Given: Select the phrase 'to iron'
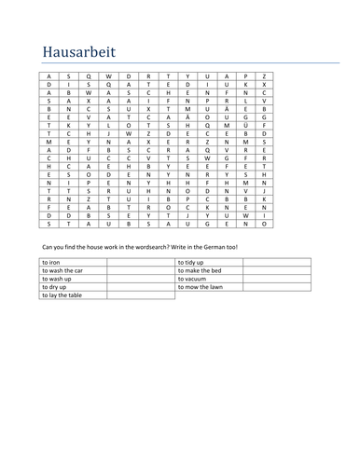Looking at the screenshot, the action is point(52,264).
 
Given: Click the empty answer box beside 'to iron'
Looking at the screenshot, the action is point(140,264).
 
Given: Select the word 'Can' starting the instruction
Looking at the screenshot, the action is point(48,246).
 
